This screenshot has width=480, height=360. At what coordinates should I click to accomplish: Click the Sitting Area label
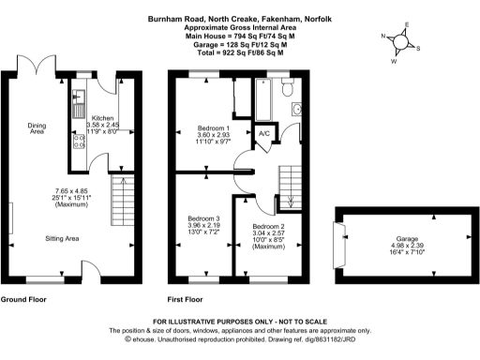click(x=62, y=240)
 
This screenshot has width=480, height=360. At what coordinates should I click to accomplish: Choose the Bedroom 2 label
click(x=267, y=227)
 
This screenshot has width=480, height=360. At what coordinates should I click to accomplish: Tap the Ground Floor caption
click(x=25, y=300)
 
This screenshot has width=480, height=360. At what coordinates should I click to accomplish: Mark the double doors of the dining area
click(x=36, y=67)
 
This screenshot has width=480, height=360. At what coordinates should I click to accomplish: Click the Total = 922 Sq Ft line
click(x=240, y=53)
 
